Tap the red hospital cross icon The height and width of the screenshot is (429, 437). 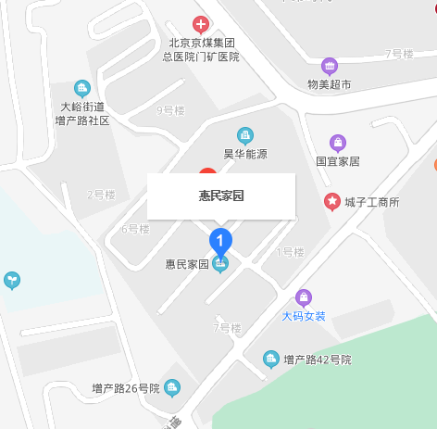[x=201, y=23]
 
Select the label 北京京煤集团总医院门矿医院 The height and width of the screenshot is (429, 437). [x=201, y=50]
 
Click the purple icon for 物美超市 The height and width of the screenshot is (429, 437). [x=330, y=66]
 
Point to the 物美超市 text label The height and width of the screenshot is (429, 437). [x=330, y=84]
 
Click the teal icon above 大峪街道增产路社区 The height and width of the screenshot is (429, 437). [x=82, y=89]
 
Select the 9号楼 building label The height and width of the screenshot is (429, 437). [x=171, y=111]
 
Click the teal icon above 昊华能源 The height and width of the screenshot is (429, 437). [x=245, y=135]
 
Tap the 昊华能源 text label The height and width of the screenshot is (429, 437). [x=245, y=154]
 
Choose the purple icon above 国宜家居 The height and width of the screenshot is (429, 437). [x=338, y=143]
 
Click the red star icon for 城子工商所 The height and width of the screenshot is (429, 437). [x=331, y=201]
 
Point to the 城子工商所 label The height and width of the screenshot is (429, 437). [x=371, y=202]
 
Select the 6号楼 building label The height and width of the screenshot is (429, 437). [x=135, y=229]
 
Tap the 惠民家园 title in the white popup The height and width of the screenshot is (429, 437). [x=221, y=196]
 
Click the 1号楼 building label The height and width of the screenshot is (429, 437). [x=291, y=252]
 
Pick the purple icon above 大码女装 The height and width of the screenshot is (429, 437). [x=304, y=297]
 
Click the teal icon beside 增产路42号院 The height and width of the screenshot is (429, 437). [x=271, y=359]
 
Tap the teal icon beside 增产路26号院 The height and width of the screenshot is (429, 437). [x=172, y=387]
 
